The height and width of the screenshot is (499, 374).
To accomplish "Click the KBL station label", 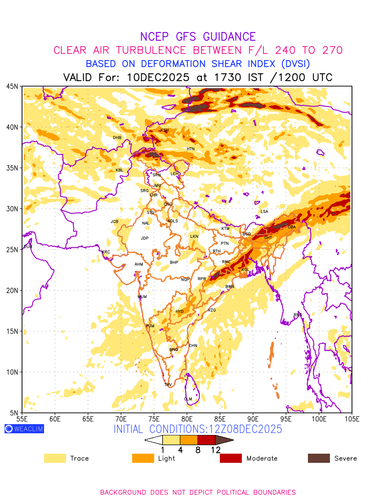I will [119, 170].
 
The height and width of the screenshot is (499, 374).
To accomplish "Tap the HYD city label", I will [180, 311].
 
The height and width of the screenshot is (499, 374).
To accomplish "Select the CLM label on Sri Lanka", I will [188, 399].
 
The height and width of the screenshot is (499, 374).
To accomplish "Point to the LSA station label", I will [264, 212].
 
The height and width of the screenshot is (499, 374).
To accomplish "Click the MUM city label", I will [142, 297].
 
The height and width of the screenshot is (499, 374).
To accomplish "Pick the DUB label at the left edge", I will [28, 247].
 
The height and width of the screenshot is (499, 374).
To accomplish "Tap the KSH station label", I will [165, 130].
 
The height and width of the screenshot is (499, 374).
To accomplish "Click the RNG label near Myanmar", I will [298, 315].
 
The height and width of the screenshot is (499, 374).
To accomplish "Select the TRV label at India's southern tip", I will [168, 385].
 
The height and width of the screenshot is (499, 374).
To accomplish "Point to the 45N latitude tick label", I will [12, 86].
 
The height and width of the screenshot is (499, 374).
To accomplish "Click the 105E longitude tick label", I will [352, 418].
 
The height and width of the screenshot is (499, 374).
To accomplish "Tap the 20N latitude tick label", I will [12, 290].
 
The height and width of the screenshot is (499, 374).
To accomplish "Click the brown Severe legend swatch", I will [319, 458].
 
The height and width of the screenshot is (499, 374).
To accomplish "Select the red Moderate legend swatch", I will [231, 458].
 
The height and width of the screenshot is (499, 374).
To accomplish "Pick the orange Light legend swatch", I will [143, 458].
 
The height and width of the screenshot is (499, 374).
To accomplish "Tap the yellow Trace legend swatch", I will [55, 458].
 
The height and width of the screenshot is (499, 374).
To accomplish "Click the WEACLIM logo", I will [24, 429].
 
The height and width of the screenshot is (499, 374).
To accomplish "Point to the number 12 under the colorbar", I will [216, 450].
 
